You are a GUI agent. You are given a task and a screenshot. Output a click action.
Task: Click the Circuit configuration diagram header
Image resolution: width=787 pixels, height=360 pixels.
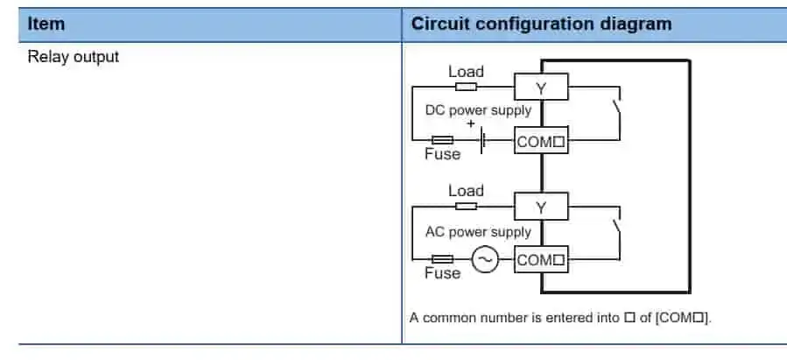coord(541,24)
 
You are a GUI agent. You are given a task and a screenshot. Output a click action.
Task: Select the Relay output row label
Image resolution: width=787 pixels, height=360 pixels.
coord(73,58)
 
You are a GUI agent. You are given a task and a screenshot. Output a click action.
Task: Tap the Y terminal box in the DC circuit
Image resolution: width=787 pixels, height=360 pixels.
coord(540,88)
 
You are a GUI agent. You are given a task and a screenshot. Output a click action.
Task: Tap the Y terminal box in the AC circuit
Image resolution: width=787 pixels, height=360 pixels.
coord(540,207)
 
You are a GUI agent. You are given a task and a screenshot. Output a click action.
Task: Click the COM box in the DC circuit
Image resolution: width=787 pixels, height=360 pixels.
coord(540,140)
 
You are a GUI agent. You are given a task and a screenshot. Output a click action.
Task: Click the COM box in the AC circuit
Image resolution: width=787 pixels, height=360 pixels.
coord(540,260)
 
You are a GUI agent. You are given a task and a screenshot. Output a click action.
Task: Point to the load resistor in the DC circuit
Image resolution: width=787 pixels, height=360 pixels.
coord(466,87)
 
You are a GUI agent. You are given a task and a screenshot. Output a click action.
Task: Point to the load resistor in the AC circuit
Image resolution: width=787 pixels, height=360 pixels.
coord(466,206)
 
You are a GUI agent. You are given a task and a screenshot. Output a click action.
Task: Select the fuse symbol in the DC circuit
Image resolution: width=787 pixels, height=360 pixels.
coord(442,140)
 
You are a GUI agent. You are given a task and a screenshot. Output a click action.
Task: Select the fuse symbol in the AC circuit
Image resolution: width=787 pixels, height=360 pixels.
coord(442,259)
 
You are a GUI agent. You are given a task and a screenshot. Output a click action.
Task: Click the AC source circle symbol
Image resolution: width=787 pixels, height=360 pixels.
coord(484,259)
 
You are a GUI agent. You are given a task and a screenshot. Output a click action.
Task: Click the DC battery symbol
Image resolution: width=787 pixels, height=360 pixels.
coord(482,139)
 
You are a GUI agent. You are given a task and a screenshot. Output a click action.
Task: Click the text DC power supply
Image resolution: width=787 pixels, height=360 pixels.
coord(478,111)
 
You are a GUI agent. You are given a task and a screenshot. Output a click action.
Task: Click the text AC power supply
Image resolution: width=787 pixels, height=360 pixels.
coord(478,232)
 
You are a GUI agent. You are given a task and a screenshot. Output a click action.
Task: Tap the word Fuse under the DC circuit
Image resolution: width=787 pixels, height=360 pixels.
coord(442,154)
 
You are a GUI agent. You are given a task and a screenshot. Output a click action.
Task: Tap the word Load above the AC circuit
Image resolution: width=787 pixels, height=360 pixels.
coord(466,190)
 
